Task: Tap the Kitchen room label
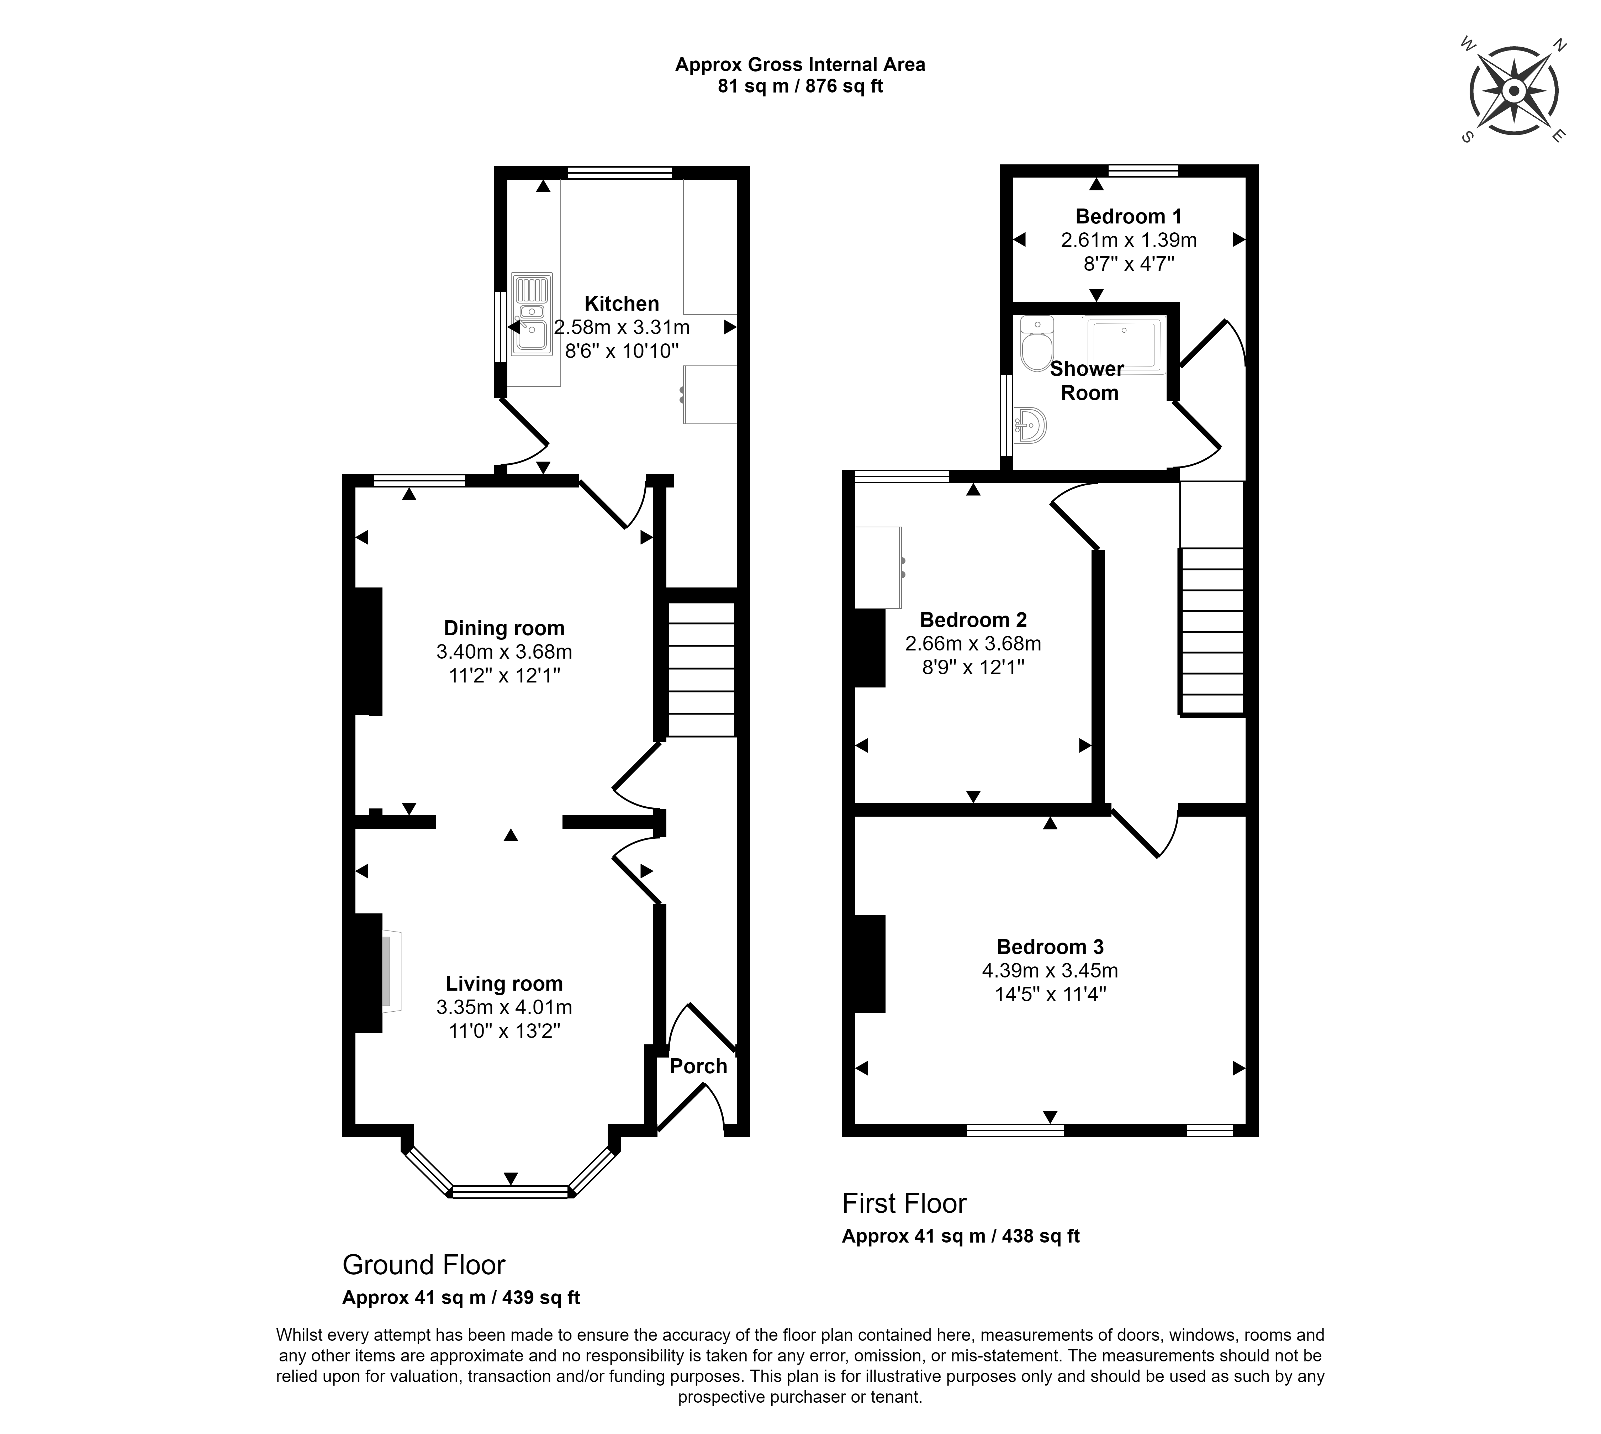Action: click(622, 303)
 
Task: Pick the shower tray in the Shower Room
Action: click(1123, 345)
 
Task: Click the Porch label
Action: click(698, 1066)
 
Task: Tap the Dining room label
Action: click(504, 628)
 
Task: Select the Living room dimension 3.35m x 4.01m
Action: click(504, 1007)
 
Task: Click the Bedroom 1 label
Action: click(1128, 216)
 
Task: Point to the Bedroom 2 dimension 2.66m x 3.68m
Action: click(973, 644)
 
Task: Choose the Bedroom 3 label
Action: click(1050, 946)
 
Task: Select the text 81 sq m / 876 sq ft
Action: click(800, 86)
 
